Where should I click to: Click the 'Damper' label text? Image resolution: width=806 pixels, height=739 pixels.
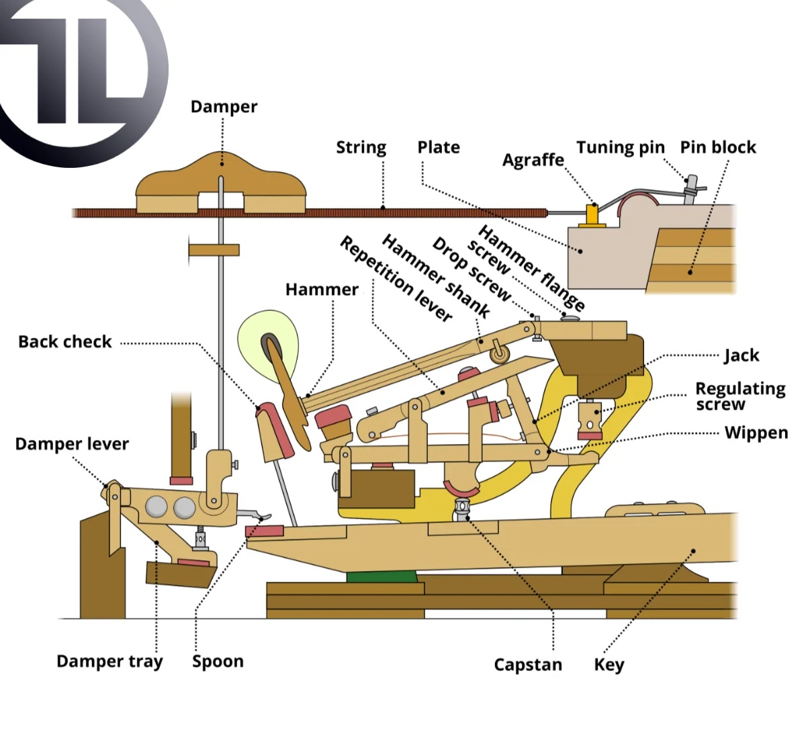[224, 107]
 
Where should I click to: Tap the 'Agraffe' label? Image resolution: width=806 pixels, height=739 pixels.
[533, 160]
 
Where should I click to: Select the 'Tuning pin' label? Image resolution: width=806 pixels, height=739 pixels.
[621, 148]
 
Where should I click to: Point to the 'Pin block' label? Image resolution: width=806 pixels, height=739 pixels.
[718, 147]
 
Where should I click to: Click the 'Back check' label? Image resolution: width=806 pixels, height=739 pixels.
[64, 342]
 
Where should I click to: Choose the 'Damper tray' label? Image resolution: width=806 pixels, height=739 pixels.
[109, 661]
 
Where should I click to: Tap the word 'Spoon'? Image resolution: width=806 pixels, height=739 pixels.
[218, 662]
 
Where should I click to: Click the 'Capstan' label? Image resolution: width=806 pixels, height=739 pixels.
[528, 665]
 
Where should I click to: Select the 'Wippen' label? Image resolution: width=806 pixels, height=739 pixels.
[756, 433]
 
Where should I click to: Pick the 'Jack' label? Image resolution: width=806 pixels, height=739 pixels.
[742, 355]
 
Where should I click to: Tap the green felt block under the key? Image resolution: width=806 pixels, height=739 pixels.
[382, 576]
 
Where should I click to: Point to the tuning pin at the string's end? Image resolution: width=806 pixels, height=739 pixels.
[692, 189]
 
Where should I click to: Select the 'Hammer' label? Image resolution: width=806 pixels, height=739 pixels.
[322, 290]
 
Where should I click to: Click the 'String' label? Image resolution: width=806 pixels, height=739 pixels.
[361, 148]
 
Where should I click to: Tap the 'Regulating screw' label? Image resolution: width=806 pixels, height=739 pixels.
[740, 396]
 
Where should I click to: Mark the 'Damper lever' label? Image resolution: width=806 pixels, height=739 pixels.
[72, 444]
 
